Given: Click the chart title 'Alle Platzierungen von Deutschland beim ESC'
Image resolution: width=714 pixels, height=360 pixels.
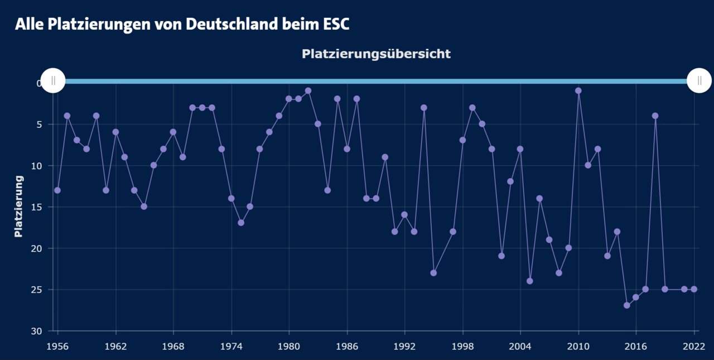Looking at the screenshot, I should pos(185,25).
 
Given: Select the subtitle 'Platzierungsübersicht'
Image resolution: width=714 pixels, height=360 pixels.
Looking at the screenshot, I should pos(376,54).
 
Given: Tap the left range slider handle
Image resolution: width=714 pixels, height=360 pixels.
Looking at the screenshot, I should pos(53,80).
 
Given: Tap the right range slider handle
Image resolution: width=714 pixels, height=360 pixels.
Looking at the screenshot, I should pos(699,80).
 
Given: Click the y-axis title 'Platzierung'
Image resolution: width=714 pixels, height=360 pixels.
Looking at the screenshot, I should pos(19,207).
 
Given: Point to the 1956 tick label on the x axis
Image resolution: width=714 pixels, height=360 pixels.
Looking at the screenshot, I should pos(57,347).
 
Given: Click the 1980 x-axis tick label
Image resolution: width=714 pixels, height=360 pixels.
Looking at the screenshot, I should pos(289,347).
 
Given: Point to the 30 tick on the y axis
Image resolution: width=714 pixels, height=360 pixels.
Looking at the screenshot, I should pos(37,332).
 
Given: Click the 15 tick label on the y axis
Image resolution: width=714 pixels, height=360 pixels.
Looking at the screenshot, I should pos(37,207).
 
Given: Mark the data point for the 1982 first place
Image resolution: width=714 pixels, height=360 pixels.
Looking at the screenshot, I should pos(308,90).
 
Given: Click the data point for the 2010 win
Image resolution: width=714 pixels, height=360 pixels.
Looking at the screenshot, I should pos(578,90).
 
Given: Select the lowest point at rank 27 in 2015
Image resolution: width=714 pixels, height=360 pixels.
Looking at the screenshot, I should pos(627,305).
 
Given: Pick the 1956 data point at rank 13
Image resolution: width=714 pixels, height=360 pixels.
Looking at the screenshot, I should pos(57,190).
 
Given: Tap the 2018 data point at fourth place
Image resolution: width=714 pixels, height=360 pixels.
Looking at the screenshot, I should pos(655,116).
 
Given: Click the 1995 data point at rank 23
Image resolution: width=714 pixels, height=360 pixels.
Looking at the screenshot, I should pos(433,273).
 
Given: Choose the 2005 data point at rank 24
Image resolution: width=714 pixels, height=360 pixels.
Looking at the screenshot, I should pos(530,281).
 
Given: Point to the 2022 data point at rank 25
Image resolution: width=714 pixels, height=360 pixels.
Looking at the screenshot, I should pos(694,289).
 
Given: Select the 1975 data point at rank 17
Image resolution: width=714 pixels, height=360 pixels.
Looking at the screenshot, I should pos(241,223).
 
